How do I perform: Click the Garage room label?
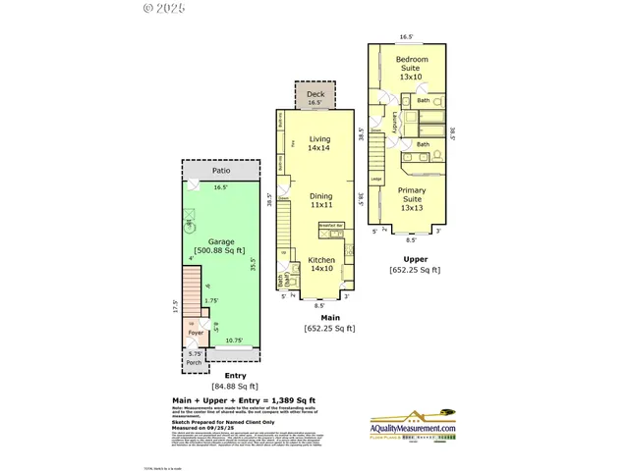tap(221, 240)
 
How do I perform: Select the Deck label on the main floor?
tap(315, 92)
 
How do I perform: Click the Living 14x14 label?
tap(319, 144)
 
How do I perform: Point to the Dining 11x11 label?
tap(319, 201)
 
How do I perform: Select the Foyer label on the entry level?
tap(196, 333)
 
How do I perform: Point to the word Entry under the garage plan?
tap(221, 376)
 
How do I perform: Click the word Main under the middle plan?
tap(329, 317)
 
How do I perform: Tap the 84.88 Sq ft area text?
tap(221, 387)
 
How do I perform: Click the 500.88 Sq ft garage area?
tap(221, 251)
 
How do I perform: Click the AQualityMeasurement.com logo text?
tap(412, 429)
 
